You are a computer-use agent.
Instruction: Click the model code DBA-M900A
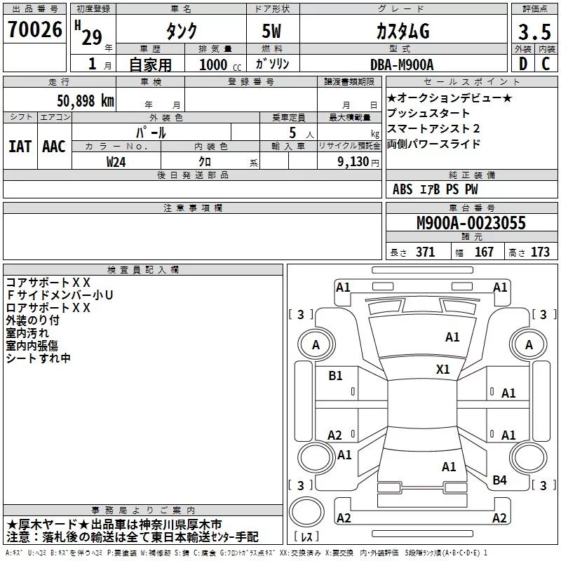402,65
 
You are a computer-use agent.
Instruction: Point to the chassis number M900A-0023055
471,224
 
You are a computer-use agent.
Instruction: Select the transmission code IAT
20,147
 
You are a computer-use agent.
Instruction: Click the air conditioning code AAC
54,147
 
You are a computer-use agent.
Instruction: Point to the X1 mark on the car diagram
443,370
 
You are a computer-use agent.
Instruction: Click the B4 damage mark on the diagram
499,480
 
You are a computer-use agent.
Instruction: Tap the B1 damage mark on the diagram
336,376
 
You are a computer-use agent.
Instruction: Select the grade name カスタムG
403,32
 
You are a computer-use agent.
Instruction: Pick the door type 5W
273,32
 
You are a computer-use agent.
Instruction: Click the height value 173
540,252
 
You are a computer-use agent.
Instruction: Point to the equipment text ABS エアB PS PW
435,189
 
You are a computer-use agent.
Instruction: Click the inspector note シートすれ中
39,358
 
